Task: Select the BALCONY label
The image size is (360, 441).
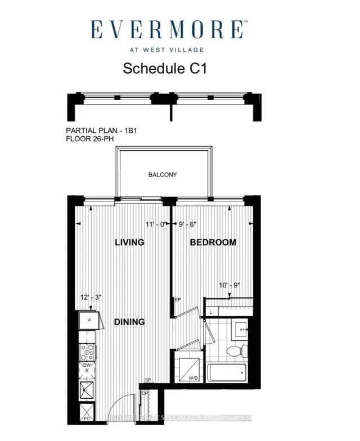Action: (x=163, y=174)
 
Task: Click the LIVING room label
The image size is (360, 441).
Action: (x=130, y=242)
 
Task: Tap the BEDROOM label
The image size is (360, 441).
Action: (x=213, y=242)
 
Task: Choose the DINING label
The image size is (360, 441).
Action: (x=130, y=322)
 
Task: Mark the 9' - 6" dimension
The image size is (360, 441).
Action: (x=187, y=224)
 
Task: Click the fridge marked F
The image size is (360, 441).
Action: (x=88, y=321)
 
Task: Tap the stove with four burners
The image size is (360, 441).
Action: (x=88, y=352)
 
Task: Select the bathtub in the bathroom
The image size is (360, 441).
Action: (x=227, y=372)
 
